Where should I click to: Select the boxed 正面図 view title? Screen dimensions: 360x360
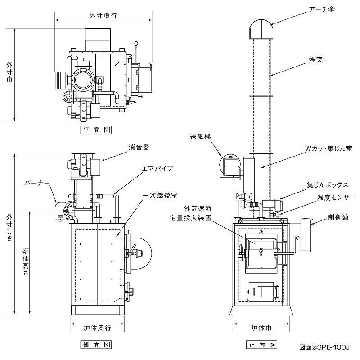pyautogui.click(x=261, y=345)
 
